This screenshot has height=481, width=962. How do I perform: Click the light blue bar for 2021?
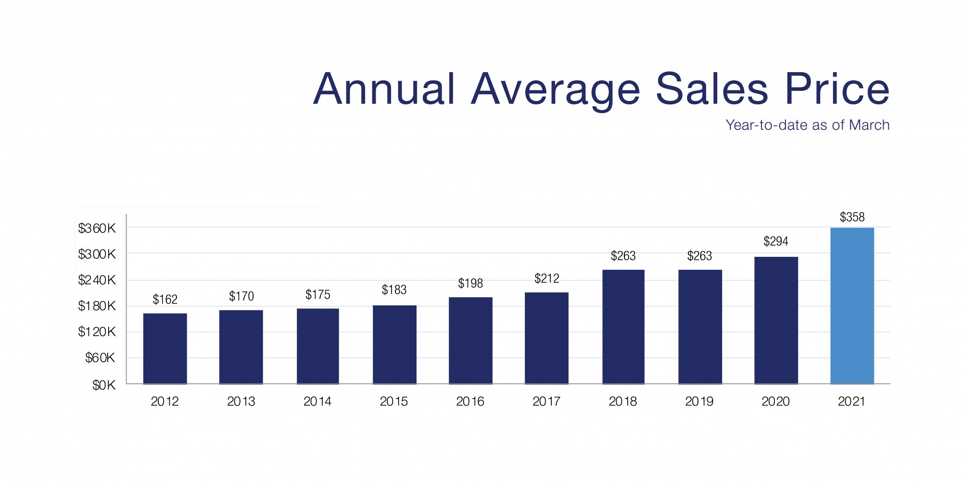(x=852, y=306)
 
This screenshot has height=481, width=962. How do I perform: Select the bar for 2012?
(x=165, y=349)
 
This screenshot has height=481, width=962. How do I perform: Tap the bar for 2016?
(x=470, y=341)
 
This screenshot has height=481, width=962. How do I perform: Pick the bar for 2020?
(x=776, y=320)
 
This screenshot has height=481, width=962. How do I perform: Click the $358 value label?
(x=852, y=217)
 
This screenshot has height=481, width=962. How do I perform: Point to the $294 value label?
(x=776, y=241)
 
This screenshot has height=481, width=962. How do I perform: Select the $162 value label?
(x=165, y=300)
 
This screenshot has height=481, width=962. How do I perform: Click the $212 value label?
(x=546, y=278)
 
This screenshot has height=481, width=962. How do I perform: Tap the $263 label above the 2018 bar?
(x=623, y=256)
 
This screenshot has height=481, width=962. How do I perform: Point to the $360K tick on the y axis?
(x=97, y=228)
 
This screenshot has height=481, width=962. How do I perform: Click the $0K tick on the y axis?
(x=104, y=385)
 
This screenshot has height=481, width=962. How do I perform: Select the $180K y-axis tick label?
(x=97, y=306)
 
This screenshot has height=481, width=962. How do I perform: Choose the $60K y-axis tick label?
(x=100, y=358)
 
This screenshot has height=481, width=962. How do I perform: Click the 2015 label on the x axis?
(x=393, y=402)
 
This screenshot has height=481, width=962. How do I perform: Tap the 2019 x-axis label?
(x=699, y=402)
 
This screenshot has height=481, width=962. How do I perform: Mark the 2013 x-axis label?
(x=241, y=402)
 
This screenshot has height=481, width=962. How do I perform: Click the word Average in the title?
(x=556, y=89)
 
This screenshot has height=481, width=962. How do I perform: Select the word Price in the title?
(x=837, y=89)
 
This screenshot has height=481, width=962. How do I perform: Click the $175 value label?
(x=317, y=294)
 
